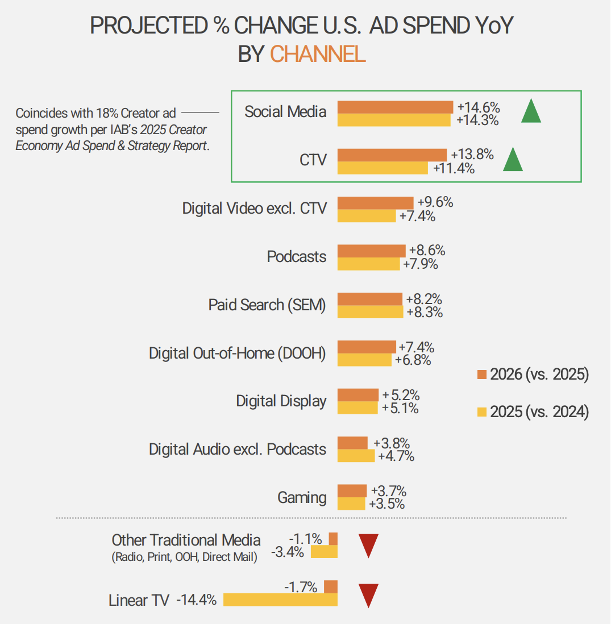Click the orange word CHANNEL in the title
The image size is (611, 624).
coord(317,54)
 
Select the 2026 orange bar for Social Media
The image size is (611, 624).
coord(395,107)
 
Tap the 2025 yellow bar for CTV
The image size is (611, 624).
coord(383,168)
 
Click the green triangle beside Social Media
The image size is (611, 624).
coord(531,112)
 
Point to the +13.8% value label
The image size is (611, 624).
coord(472,155)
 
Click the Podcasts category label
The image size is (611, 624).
coord(297,257)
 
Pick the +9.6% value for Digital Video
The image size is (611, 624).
coord(435,202)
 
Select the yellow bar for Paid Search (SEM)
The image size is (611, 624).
coord(370,312)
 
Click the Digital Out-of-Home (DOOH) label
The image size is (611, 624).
coord(238,353)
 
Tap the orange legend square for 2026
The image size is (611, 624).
coord(481,375)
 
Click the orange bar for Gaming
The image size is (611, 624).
coord(352,490)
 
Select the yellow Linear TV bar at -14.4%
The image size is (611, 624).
coord(280,600)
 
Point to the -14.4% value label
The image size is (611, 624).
coord(197,600)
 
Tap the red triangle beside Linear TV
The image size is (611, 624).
coord(368,595)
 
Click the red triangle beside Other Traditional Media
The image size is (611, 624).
coord(368,546)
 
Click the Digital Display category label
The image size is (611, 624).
coord(281,401)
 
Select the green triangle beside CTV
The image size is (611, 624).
coord(513,160)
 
